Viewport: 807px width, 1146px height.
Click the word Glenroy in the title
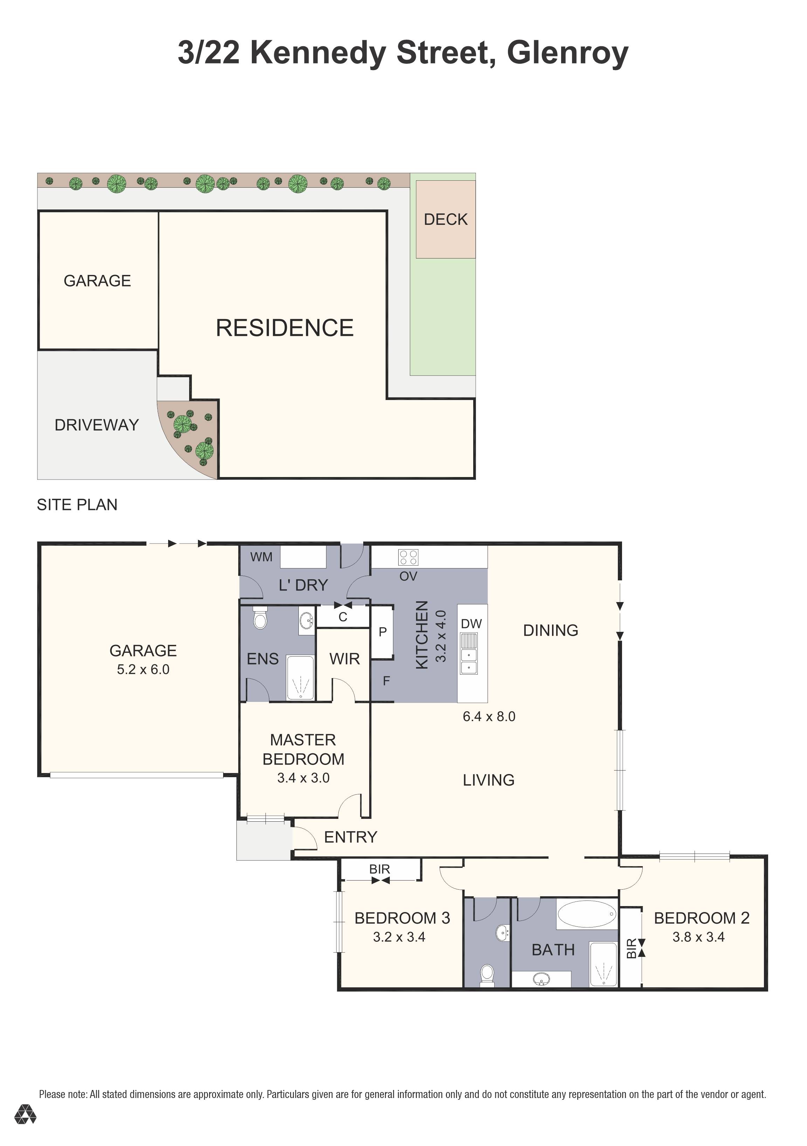(567, 53)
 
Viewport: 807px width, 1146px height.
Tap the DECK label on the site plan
(446, 219)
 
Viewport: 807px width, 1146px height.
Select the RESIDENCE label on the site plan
(284, 328)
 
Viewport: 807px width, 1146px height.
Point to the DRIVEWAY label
(96, 425)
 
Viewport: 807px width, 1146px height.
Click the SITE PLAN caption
(77, 505)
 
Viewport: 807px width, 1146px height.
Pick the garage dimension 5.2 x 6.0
(143, 669)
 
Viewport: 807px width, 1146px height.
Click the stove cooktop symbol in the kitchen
(408, 557)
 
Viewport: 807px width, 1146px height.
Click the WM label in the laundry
(262, 557)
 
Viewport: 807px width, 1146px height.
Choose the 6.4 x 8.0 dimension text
(489, 716)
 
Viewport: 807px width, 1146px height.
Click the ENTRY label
(351, 837)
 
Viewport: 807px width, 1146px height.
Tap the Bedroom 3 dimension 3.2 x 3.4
(399, 937)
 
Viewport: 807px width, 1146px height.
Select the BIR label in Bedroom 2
(631, 948)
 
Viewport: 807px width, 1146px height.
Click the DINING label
(551, 630)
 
